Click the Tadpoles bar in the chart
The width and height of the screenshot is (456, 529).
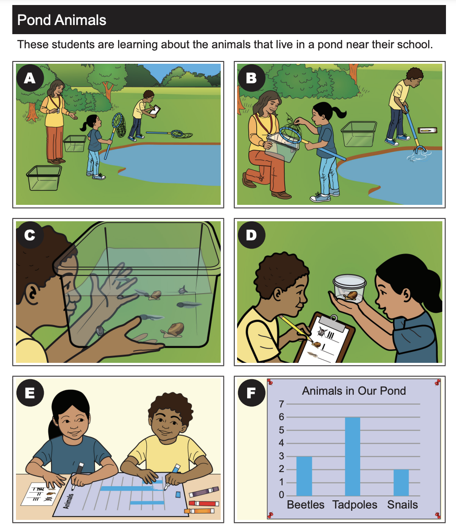click(x=352, y=457)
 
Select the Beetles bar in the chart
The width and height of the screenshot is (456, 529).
click(x=304, y=476)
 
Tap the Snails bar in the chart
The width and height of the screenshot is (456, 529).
click(x=401, y=483)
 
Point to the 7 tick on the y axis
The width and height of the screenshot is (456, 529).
click(x=281, y=404)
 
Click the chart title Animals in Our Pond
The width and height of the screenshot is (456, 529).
click(x=354, y=391)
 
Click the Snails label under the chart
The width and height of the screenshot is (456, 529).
click(x=402, y=505)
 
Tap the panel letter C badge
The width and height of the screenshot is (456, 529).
click(x=30, y=235)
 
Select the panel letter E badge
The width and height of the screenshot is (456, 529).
click(x=30, y=393)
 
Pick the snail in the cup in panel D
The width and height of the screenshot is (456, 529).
click(x=351, y=296)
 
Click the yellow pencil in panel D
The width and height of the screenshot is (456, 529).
click(x=295, y=328)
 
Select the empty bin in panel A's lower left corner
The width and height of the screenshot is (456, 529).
click(x=44, y=178)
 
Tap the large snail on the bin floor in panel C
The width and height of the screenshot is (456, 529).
click(x=173, y=330)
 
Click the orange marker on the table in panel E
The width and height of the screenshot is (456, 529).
click(x=199, y=511)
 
